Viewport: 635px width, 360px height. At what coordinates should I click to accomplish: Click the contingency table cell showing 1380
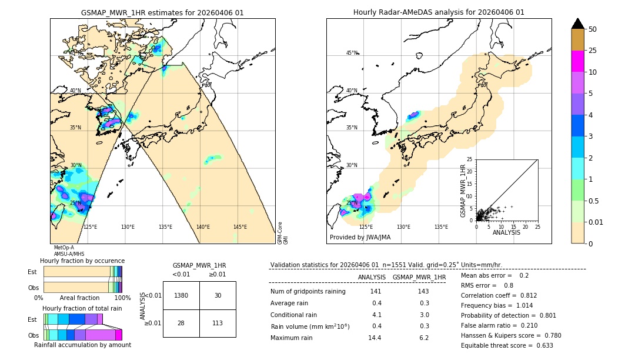coord(181,295)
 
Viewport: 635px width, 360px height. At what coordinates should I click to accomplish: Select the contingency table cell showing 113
coord(218,323)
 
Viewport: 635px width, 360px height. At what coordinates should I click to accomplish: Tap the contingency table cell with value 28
coord(181,323)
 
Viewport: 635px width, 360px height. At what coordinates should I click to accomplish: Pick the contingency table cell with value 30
coord(218,295)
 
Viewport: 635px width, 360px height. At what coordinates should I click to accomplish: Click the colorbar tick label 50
coord(593,29)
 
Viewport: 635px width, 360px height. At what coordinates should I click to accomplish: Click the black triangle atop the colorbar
coord(578,24)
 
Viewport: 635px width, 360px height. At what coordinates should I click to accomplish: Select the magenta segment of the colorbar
coord(578,61)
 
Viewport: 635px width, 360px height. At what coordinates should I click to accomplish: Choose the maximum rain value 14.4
coord(375,338)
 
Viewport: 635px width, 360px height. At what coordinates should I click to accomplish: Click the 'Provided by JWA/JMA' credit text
coord(360,238)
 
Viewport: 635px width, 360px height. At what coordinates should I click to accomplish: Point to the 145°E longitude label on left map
coord(240,227)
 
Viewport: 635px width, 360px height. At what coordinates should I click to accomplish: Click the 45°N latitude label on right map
coord(352,53)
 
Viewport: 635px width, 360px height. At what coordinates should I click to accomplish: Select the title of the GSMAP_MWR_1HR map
coord(162,12)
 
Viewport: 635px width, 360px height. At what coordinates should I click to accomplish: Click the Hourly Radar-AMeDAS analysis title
coord(439,12)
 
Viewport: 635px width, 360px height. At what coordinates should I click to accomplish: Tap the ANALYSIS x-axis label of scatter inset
coord(506,232)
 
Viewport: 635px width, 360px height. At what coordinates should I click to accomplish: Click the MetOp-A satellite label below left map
coord(63,248)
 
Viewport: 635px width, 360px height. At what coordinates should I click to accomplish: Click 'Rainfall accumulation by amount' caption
coord(82,345)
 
